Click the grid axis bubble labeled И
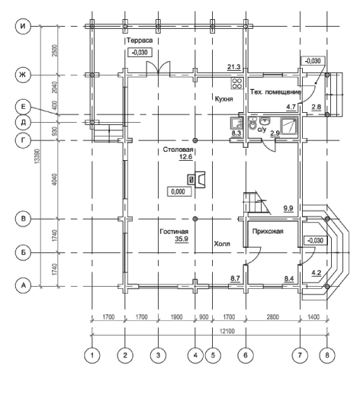coord(23,26)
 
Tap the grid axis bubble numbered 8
coord(327,355)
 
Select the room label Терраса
coord(140,40)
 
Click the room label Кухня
coord(223,98)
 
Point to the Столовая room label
coord(178,149)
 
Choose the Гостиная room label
coord(174,232)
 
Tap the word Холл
coord(222,244)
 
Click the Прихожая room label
coord(268,231)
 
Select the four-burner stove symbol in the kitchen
coord(237,83)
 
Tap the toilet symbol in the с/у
coord(252,125)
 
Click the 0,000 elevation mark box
coord(179,191)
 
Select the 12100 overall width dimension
coord(228,331)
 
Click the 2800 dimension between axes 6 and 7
coord(272,317)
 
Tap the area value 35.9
coord(182,239)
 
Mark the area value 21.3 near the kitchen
coord(234,67)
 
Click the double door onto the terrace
coord(158,68)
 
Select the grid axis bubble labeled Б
coord(23,252)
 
